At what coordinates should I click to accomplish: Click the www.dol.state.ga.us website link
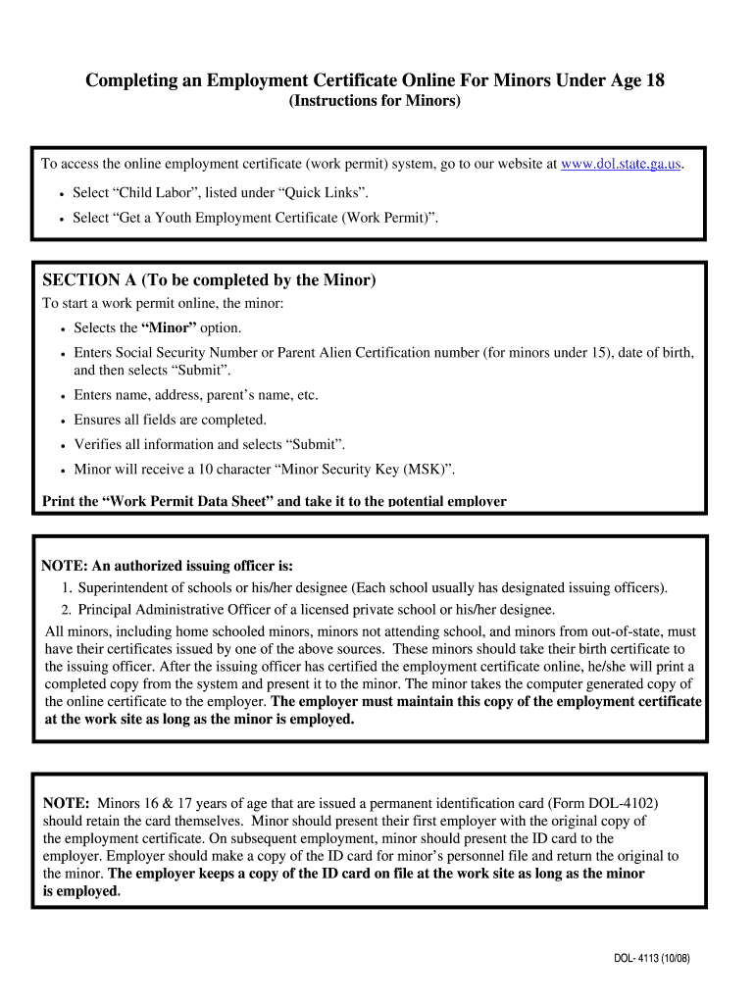(621, 164)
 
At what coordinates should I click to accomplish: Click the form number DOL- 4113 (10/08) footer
(646, 959)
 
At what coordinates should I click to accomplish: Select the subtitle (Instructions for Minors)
(374, 102)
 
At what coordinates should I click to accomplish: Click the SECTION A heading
(209, 280)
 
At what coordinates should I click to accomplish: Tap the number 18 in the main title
(654, 80)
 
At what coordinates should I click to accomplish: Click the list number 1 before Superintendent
(66, 588)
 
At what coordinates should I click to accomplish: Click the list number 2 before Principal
(66, 610)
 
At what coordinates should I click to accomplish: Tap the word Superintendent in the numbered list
(126, 588)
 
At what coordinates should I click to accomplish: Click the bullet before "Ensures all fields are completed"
(62, 421)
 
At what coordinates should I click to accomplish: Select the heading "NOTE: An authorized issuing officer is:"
(167, 566)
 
